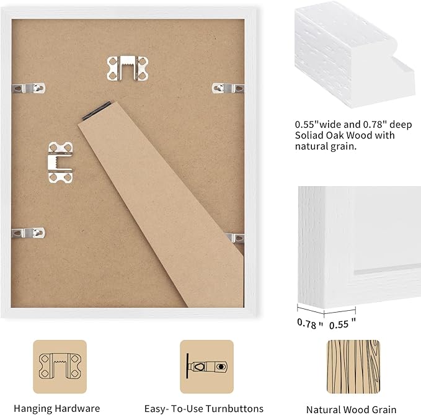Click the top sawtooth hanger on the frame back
tap(128, 68)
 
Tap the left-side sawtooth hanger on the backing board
tap(60, 163)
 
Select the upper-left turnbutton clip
tap(29, 88)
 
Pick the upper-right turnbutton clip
tap(228, 88)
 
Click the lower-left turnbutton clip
tap(29, 233)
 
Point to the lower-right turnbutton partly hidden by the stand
tap(235, 238)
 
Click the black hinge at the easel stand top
tap(97, 110)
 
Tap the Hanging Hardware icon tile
tap(60, 367)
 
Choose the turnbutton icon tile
tap(206, 367)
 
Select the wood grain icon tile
tap(353, 367)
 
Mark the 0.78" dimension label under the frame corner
tap(310, 323)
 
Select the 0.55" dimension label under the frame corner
tap(343, 324)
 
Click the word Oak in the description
tap(335, 135)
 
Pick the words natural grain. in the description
tap(326, 146)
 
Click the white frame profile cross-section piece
tap(355, 55)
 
